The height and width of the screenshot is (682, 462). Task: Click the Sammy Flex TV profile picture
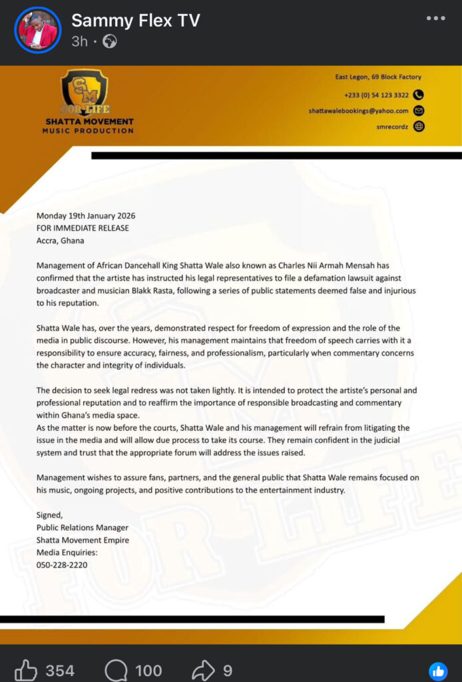coord(37,30)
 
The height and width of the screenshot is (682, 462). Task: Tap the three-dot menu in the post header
coord(436,18)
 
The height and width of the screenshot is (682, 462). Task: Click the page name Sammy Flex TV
coord(136,20)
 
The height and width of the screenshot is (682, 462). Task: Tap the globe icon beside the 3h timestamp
coord(111,42)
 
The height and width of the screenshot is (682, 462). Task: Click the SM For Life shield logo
coord(85,91)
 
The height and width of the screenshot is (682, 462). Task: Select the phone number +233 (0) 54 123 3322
coord(377,95)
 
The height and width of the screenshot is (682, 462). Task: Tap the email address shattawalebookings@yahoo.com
coord(358,111)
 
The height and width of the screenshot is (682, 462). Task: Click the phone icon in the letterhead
coord(419,95)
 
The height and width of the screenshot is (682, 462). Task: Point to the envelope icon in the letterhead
coord(419,111)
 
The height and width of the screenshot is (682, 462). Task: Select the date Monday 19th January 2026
coord(86,216)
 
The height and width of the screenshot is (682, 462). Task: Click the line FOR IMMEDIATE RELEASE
coord(83,228)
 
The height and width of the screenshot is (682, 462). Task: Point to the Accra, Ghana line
coord(61,240)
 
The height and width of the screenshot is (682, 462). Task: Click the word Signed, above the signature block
coord(49,514)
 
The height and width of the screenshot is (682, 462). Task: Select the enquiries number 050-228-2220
coord(62,565)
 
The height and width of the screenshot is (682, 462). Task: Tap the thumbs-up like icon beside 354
coord(26,669)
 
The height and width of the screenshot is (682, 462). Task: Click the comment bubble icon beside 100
coord(116,669)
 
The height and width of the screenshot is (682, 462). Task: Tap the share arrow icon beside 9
coord(204,669)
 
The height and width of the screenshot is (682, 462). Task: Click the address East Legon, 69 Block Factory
coord(377,77)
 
